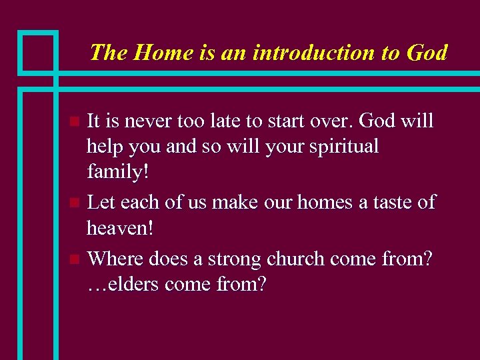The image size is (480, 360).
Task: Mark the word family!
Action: [x=118, y=172]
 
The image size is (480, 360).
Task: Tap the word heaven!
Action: [x=120, y=228]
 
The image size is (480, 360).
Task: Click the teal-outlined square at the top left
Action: [x=37, y=51]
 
